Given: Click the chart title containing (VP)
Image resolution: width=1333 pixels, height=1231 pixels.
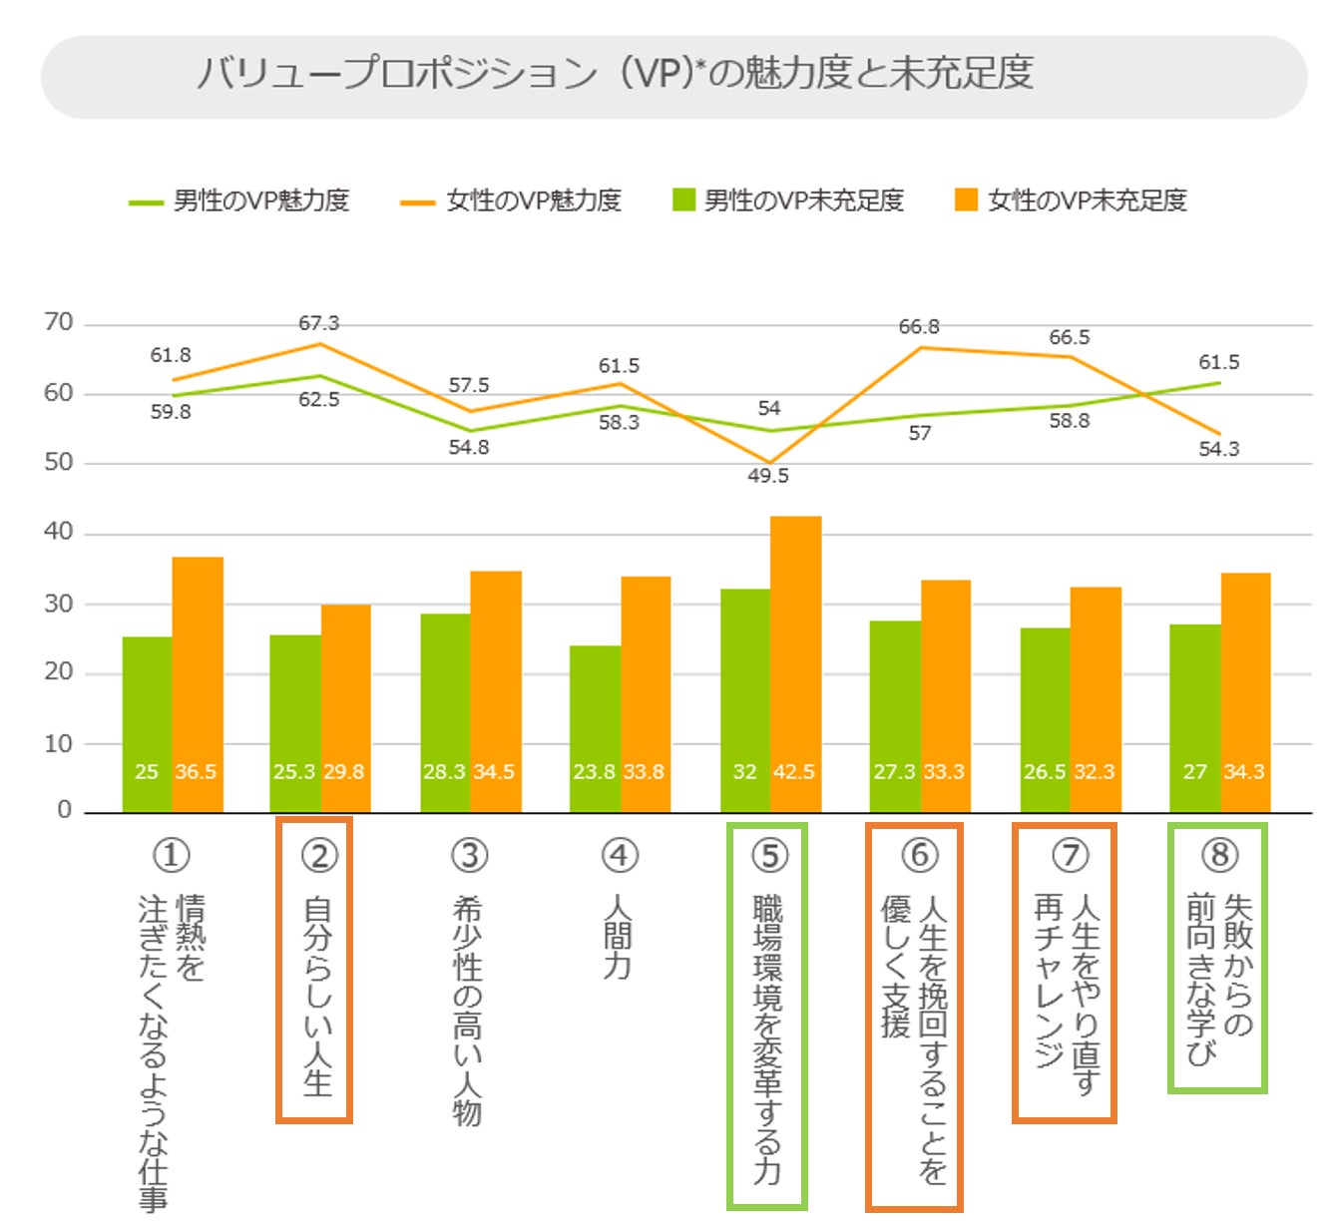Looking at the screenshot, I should (x=615, y=74).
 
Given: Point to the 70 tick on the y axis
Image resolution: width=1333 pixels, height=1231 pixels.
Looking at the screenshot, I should (x=59, y=322).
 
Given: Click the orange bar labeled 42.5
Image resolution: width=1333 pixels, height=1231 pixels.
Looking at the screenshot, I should (x=795, y=663).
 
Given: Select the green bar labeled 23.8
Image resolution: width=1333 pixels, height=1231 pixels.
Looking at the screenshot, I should (x=595, y=728).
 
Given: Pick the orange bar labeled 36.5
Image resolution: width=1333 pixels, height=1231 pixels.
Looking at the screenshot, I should (x=198, y=684).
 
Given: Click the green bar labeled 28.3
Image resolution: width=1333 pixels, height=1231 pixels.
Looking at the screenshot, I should (x=445, y=712).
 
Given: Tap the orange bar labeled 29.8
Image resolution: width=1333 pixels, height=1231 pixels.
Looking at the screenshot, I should (x=345, y=708).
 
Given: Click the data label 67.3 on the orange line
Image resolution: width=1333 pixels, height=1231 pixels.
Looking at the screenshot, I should (x=318, y=323).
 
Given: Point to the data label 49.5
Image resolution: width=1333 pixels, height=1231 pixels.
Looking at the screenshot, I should (x=768, y=476).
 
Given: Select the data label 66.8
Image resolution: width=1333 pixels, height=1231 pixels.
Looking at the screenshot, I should (x=919, y=327).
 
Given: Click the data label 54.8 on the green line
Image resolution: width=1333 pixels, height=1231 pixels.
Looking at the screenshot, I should (x=469, y=447).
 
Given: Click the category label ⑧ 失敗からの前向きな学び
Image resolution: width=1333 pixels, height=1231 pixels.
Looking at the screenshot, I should (x=1218, y=958).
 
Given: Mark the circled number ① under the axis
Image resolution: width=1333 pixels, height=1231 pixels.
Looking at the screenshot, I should (x=171, y=855).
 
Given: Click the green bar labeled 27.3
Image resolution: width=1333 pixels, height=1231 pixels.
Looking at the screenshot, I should (x=895, y=716).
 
